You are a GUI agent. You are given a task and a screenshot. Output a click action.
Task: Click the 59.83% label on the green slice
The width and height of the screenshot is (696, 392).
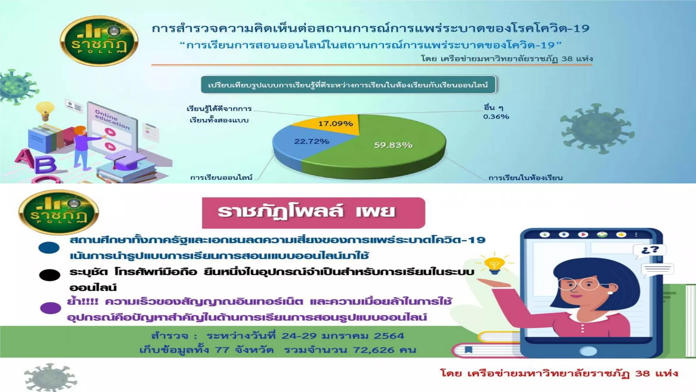pos(393,145)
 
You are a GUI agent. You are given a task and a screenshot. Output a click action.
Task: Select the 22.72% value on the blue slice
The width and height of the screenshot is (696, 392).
pos(311,141)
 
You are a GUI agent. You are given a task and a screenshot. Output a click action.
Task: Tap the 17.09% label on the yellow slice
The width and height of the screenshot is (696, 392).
pos(335,124)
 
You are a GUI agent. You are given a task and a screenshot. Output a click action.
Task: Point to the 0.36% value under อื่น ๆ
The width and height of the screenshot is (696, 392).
pos(496,116)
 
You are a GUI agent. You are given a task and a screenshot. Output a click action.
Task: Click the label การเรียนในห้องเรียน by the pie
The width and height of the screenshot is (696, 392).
pos(525,178)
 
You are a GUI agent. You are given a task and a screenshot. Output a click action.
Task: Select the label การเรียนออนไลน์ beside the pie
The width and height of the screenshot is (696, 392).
pos(221,177)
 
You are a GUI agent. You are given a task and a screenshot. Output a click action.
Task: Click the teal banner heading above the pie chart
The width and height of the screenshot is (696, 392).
pos(348,85)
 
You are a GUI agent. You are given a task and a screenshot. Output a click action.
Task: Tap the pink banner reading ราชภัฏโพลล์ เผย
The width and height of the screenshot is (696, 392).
pos(313,212)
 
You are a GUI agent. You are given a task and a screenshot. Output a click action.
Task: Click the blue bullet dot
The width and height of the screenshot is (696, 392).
pos(49,248)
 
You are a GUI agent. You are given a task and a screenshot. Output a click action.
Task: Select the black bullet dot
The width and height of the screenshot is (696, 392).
pos(50,275)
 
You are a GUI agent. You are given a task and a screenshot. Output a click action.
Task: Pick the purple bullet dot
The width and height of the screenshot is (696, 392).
pos(50,308)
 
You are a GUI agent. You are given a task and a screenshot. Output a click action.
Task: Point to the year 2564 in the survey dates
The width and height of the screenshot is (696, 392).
pos(389,336)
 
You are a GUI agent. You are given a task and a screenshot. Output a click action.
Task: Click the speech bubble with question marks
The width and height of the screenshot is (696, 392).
pos(649,250)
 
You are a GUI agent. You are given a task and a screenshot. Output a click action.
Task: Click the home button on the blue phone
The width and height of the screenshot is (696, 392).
pos(588,351)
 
